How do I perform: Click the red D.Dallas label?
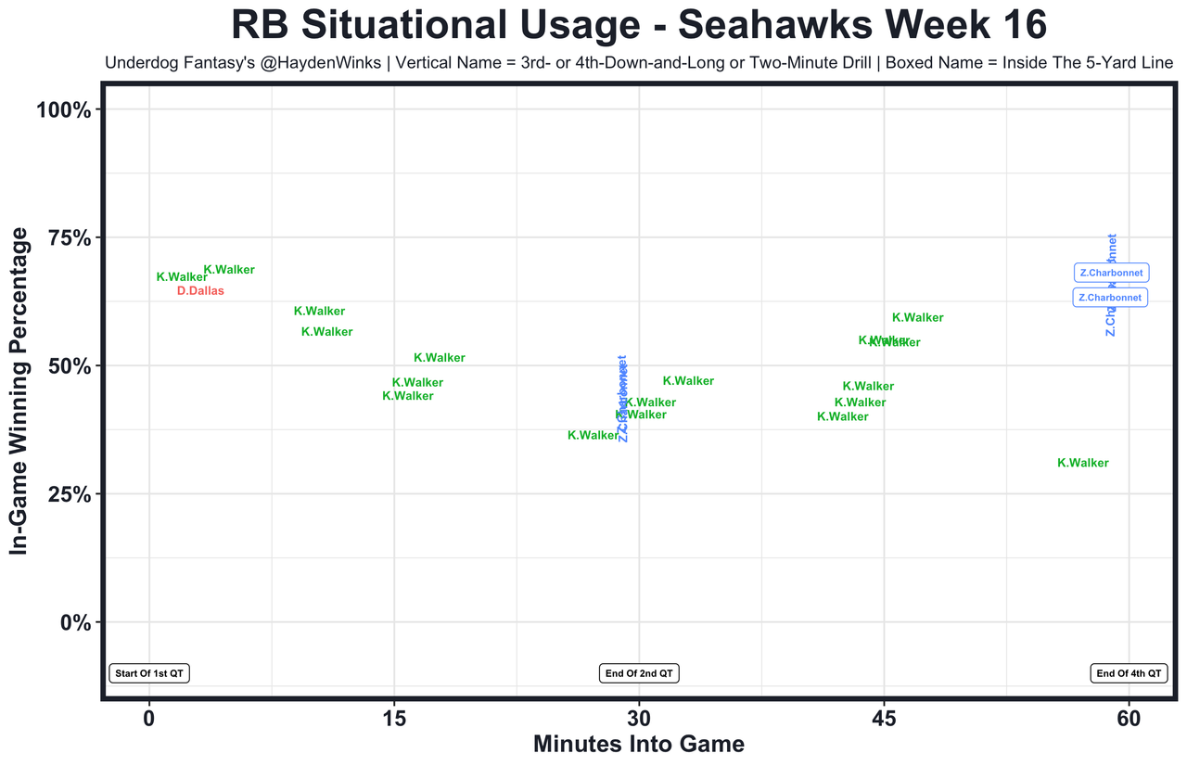tap(200, 291)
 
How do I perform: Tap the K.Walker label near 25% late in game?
tap(1082, 464)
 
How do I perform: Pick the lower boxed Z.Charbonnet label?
tap(1111, 298)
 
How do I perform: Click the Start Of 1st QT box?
tap(149, 674)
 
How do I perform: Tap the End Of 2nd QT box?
tap(639, 674)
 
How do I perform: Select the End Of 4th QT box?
tap(1128, 674)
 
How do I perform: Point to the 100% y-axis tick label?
tap(63, 110)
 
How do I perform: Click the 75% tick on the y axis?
tap(69, 238)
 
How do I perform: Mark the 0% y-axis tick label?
tap(74, 622)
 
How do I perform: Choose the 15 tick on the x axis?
tap(394, 720)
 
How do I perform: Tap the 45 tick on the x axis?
tap(884, 720)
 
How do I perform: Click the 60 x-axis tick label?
tap(1129, 720)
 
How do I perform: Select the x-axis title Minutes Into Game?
tap(639, 745)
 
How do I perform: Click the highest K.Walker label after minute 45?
tap(917, 318)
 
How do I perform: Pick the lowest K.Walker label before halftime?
tap(593, 435)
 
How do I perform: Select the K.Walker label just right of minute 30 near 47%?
tap(688, 381)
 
